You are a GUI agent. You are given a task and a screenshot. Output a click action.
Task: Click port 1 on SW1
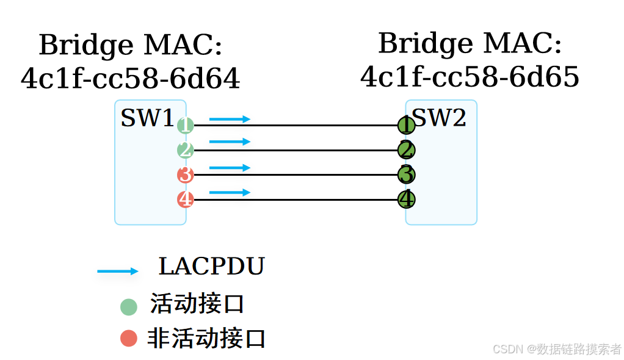pyautogui.click(x=186, y=126)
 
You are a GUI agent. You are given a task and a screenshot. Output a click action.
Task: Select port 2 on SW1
pyautogui.click(x=186, y=150)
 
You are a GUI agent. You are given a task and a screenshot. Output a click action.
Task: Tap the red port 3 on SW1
pyautogui.click(x=186, y=175)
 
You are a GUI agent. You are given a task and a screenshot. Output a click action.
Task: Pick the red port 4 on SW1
pyautogui.click(x=186, y=200)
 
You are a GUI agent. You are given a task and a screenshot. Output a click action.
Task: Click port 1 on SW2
pyautogui.click(x=406, y=125)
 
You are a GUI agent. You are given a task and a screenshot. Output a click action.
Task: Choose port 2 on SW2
pyautogui.click(x=406, y=149)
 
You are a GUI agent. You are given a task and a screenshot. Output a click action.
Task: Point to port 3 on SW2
pyautogui.click(x=406, y=175)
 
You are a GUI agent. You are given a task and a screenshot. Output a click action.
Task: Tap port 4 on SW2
pyautogui.click(x=406, y=199)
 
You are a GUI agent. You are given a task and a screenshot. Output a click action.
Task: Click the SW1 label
pyautogui.click(x=147, y=118)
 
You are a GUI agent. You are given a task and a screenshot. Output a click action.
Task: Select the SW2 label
pyautogui.click(x=440, y=118)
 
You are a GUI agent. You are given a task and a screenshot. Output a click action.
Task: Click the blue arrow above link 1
pyautogui.click(x=230, y=119)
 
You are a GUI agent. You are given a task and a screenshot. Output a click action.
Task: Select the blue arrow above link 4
pyautogui.click(x=230, y=192)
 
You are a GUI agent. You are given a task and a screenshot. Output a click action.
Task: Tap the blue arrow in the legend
pyautogui.click(x=118, y=272)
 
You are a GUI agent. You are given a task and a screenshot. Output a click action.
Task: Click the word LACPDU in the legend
pyautogui.click(x=211, y=267)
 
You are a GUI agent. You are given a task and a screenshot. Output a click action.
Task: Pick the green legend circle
pyautogui.click(x=129, y=306)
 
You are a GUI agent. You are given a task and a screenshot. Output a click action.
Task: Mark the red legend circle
pyautogui.click(x=129, y=337)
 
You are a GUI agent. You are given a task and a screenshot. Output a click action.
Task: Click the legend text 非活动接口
pyautogui.click(x=206, y=338)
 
